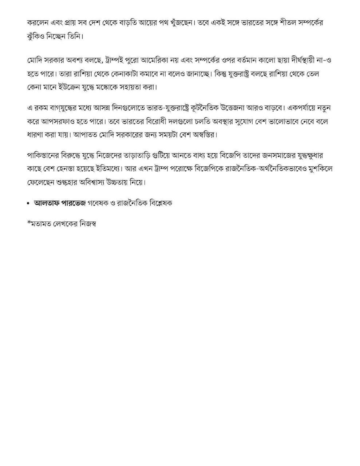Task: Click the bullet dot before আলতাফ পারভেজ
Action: [29, 204]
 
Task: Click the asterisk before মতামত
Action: [29, 223]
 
